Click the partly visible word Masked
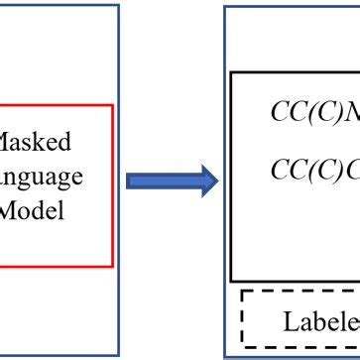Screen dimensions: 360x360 36,143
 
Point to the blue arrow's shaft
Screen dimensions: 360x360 159,180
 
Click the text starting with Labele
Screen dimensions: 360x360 320,320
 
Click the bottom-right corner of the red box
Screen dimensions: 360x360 113,266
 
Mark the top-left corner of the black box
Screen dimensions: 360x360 232,72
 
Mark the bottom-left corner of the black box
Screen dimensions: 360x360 232,281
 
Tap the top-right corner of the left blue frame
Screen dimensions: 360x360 119,5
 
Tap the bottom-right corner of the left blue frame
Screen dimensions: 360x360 119,356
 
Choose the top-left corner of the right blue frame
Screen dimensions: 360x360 224,8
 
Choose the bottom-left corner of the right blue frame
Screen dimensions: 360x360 224,355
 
